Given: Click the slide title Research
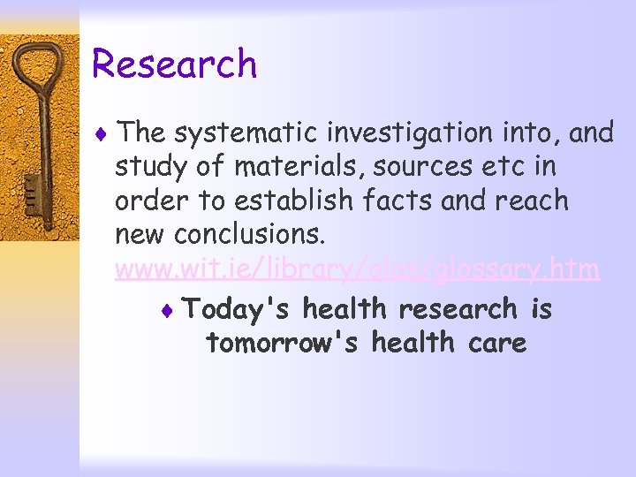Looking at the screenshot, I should (174, 64).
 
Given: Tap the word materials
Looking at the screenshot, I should (263, 167).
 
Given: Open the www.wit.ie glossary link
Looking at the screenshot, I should (357, 269).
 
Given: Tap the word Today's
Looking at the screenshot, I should (238, 309).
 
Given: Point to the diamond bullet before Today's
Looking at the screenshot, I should (170, 310).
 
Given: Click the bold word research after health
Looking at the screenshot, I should (458, 309).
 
